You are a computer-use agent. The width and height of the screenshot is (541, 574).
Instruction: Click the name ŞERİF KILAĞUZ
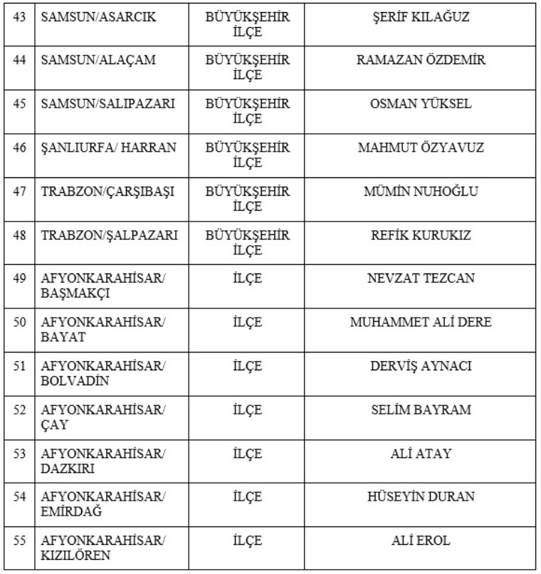click(421, 17)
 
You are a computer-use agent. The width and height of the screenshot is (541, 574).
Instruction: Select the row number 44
click(20, 61)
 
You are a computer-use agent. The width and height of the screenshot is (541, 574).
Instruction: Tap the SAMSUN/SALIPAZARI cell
click(107, 104)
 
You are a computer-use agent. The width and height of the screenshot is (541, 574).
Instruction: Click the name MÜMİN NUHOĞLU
click(421, 192)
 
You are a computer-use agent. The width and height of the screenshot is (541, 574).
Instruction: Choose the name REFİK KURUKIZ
click(421, 235)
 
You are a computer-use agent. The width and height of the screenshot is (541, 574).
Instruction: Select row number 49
click(20, 278)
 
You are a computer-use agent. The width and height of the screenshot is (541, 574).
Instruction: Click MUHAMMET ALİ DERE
click(421, 323)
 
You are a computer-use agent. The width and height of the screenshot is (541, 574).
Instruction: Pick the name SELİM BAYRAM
click(421, 410)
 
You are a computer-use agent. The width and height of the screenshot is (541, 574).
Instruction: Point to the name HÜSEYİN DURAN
click(421, 497)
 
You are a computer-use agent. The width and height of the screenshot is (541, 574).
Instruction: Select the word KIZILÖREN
click(75, 555)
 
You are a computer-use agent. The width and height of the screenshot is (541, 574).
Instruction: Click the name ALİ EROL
click(421, 541)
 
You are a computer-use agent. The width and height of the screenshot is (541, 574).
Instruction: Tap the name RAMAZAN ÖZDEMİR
click(421, 61)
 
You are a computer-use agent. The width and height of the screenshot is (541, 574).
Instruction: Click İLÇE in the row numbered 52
click(247, 410)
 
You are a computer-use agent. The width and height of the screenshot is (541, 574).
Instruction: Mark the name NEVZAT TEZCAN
click(421, 278)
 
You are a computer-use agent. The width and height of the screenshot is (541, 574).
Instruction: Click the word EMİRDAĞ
click(72, 512)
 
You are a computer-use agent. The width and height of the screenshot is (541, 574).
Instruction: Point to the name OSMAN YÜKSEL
click(421, 104)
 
